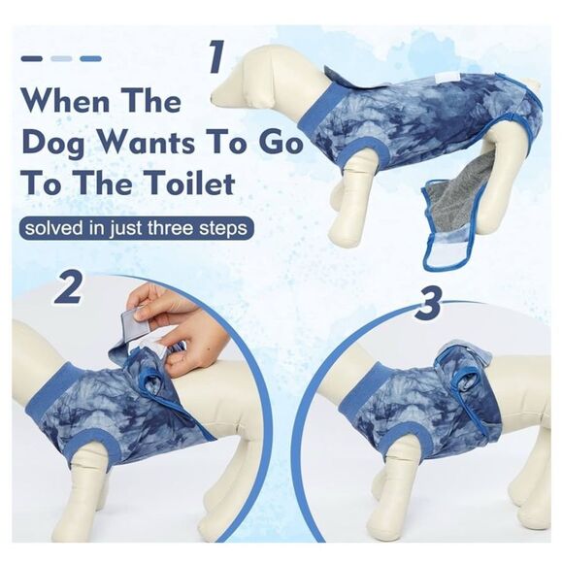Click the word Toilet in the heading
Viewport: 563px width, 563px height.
[x=191, y=183]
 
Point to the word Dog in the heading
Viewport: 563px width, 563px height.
[x=56, y=145]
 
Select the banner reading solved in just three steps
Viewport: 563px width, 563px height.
[x=136, y=228]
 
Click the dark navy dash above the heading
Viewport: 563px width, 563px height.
[x=32, y=58]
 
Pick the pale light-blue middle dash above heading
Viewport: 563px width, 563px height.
[x=61, y=58]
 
